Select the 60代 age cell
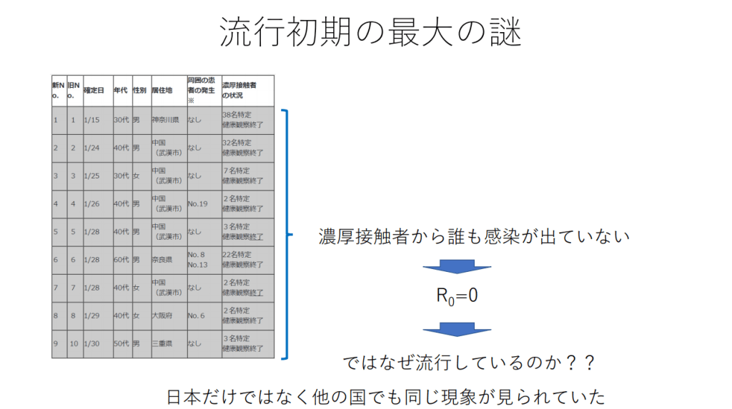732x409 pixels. click(121, 260)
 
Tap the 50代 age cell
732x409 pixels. click(121, 344)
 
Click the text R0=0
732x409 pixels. click(457, 296)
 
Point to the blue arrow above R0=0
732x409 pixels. click(457, 267)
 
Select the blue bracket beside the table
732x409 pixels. click(287, 233)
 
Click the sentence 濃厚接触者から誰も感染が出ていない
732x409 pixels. click(474, 236)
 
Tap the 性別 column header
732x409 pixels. click(139, 91)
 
